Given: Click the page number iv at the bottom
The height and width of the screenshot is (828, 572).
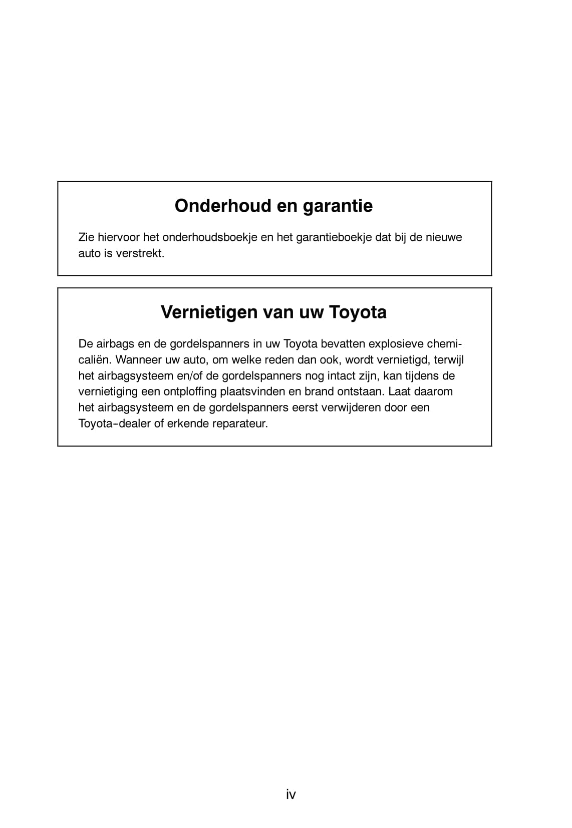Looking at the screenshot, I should coord(291,794).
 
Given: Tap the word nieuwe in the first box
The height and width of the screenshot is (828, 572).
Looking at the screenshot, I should coord(444,237).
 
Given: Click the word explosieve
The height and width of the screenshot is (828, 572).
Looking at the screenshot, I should coord(396,344).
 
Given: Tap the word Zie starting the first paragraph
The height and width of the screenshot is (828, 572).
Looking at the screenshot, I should coord(86,237).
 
